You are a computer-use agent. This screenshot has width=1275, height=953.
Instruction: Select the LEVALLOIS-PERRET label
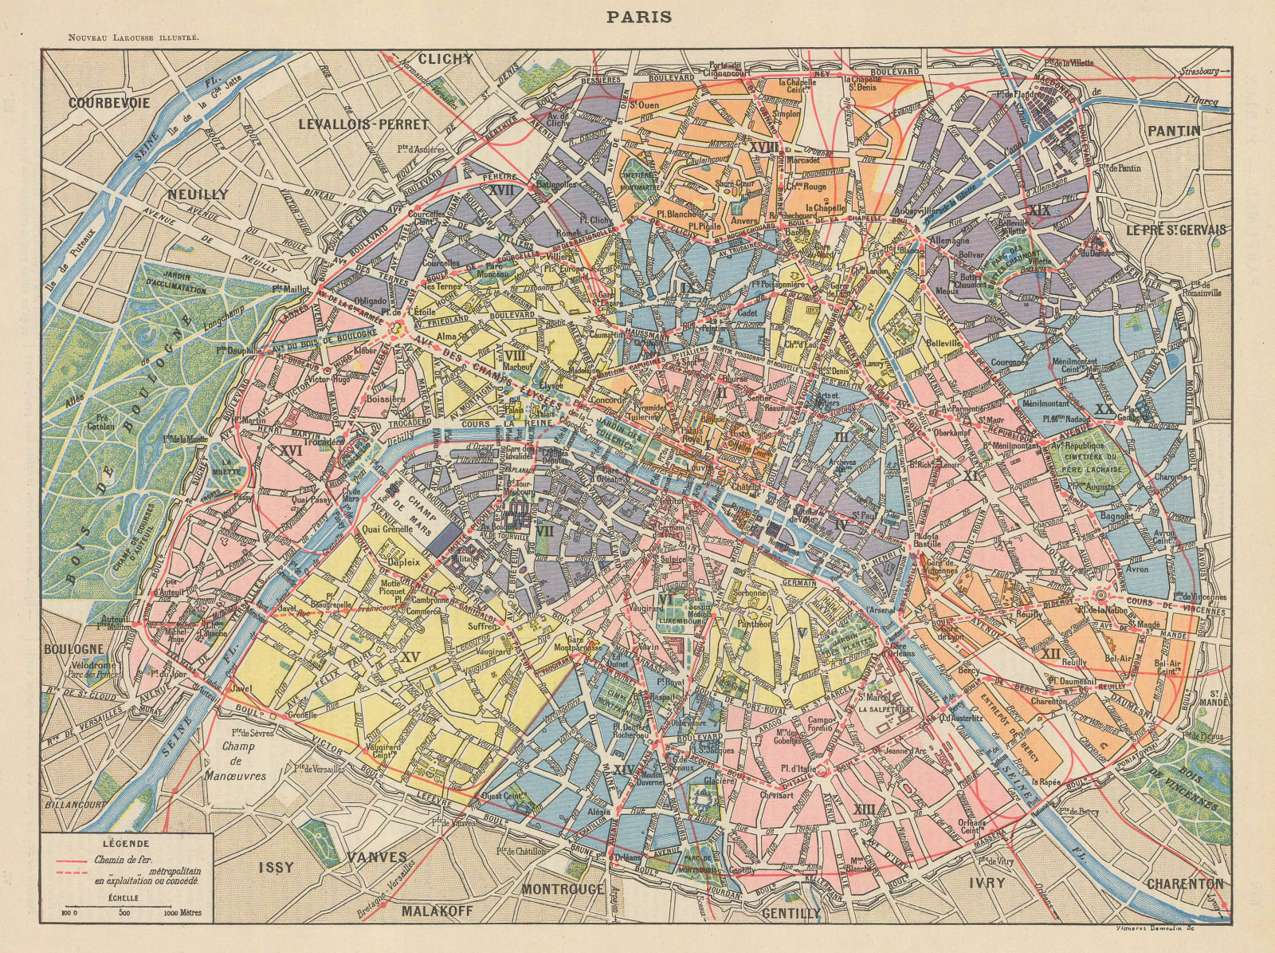(363, 124)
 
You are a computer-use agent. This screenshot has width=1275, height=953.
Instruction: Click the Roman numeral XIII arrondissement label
(864, 809)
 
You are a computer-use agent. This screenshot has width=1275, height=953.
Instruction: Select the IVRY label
(988, 883)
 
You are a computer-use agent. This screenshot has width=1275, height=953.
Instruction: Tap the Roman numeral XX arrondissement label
(1104, 409)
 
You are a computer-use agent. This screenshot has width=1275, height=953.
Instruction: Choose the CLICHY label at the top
(446, 58)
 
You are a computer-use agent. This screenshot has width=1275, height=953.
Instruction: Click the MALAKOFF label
(437, 911)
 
